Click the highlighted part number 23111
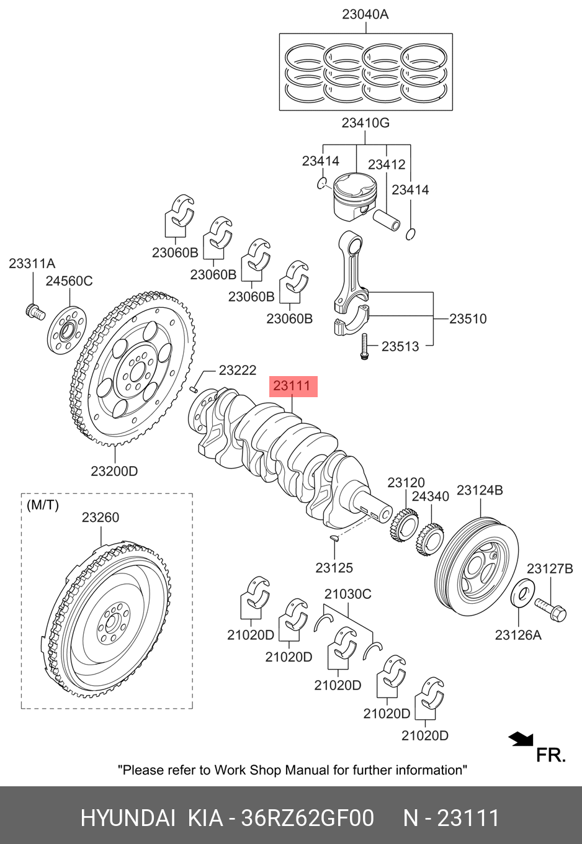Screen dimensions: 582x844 [x=293, y=386]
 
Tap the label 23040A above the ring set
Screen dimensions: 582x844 [x=365, y=15]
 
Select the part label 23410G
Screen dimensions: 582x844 [x=365, y=123]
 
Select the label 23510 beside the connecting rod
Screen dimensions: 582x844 [x=468, y=319]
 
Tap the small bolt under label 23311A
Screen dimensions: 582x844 [x=35, y=312]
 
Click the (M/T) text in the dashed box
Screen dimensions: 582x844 [x=43, y=505]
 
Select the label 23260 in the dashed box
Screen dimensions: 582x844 [x=101, y=518]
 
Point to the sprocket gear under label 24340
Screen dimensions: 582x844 [x=430, y=542]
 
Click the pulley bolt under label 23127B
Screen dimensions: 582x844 [x=550, y=610]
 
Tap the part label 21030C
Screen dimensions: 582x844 [x=348, y=594]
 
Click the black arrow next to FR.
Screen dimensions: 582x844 [x=521, y=739]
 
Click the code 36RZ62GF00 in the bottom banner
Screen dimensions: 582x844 [x=307, y=819]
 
